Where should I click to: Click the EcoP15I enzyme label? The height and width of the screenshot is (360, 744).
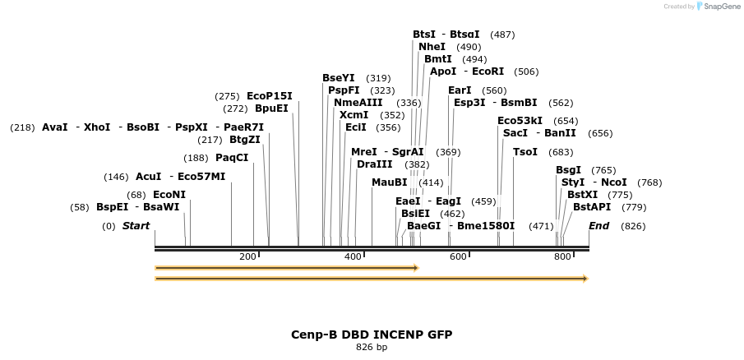click(269, 96)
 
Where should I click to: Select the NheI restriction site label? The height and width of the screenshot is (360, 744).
click(432, 47)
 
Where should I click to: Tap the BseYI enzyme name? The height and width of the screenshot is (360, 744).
click(338, 78)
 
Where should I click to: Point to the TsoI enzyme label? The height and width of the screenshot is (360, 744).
click(524, 152)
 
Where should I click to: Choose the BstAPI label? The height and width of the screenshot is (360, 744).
click(592, 207)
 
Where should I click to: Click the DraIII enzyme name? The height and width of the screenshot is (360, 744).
click(374, 164)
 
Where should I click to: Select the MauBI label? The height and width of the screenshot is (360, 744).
click(389, 182)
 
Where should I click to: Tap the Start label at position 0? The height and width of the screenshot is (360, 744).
click(136, 226)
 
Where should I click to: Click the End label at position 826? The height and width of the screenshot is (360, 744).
click(598, 226)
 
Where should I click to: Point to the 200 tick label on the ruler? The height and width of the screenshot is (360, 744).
click(247, 257)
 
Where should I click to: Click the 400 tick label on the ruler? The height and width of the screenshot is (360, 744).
click(353, 257)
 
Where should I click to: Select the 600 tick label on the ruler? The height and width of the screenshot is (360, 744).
click(458, 257)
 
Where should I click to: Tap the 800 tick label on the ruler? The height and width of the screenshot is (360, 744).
click(562, 257)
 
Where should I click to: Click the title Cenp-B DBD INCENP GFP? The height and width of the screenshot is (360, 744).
click(372, 335)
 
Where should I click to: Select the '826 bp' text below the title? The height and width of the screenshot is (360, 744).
click(372, 348)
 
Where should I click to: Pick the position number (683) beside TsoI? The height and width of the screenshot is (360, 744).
click(561, 152)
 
